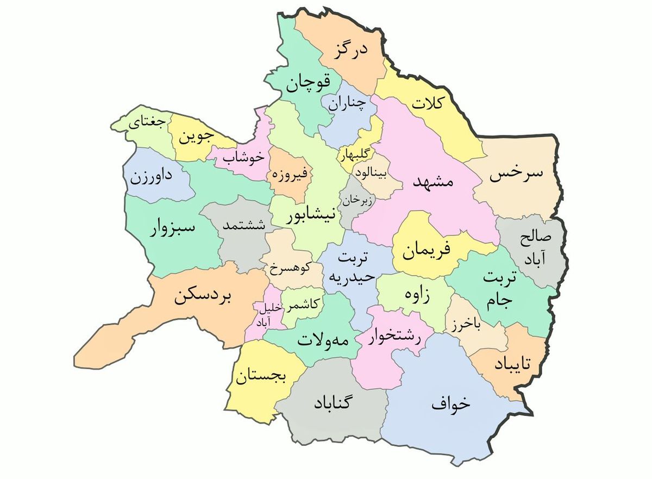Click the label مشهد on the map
(x=432, y=182)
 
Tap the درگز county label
(x=349, y=51)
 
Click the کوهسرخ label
(x=290, y=267)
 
